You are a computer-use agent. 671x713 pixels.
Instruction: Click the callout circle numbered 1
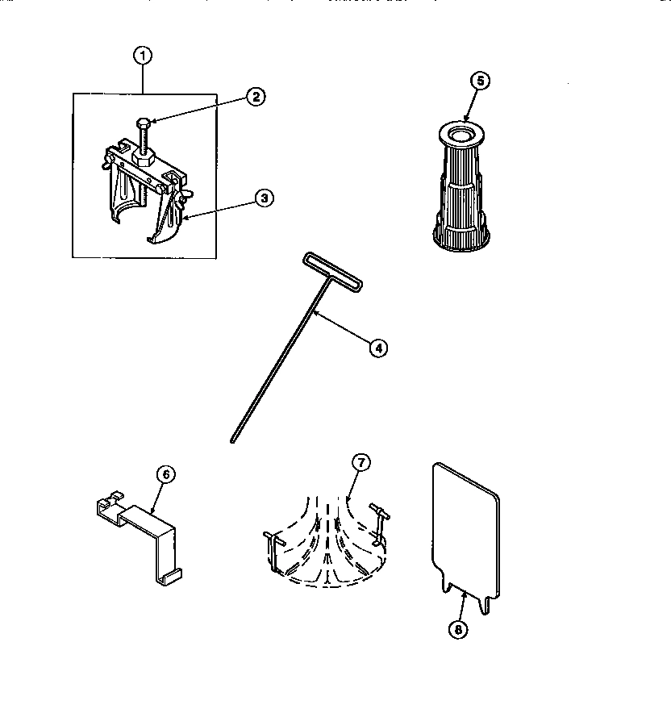[x=143, y=56]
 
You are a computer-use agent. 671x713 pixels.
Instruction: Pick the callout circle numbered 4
[x=377, y=348]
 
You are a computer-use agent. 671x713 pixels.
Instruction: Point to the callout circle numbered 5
[x=480, y=81]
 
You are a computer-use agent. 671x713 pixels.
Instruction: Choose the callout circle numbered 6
[x=164, y=475]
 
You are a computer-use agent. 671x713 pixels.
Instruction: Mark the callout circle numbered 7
[x=361, y=463]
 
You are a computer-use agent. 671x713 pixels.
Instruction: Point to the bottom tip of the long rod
[x=232, y=440]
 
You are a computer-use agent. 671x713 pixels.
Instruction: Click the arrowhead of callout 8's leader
[x=465, y=590]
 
